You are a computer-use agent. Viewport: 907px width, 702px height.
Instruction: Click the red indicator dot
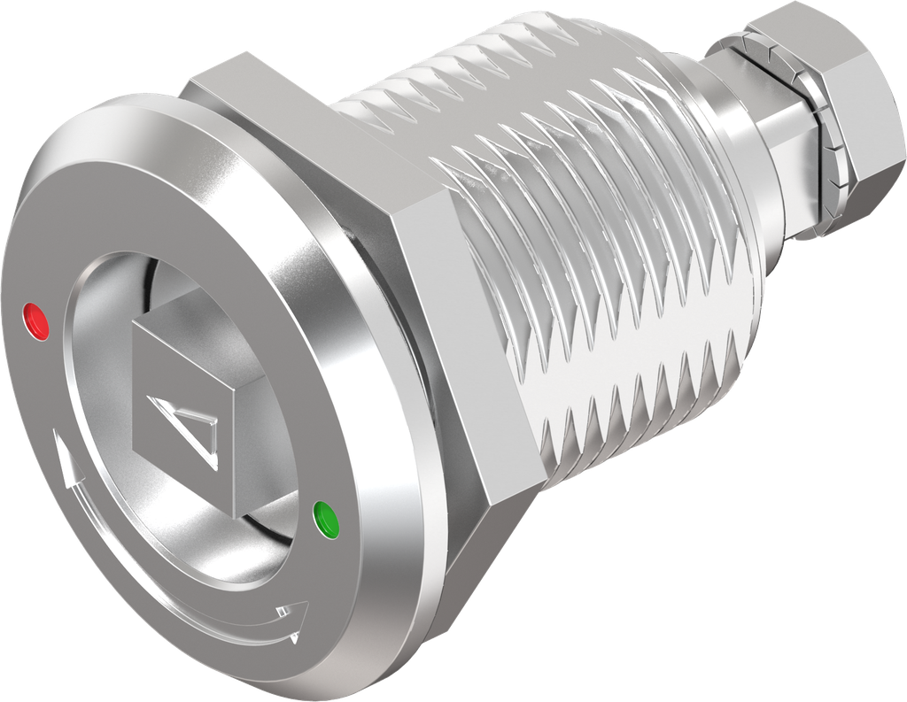[37, 320]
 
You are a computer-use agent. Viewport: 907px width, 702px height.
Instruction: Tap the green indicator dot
[326, 519]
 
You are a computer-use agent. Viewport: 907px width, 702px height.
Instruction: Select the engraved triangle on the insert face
[187, 428]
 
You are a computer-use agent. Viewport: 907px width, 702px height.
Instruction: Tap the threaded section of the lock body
[602, 266]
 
